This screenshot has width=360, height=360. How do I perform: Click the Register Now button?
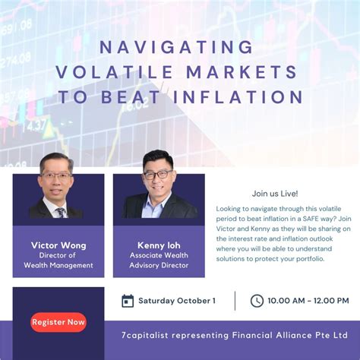(x=58, y=322)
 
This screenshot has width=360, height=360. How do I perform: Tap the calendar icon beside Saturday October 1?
(x=128, y=301)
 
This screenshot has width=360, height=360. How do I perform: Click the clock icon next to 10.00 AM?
(x=257, y=301)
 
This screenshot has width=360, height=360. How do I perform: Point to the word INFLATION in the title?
(x=242, y=97)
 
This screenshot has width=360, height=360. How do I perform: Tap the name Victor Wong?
(x=58, y=245)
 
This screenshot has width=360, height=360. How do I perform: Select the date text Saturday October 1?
(x=175, y=301)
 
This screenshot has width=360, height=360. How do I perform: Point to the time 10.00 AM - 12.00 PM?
(x=308, y=301)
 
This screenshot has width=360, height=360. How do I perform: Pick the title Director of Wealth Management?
(x=58, y=260)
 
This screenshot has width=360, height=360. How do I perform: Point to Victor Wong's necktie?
(x=59, y=211)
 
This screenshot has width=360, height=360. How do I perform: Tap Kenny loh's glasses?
(x=157, y=174)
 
